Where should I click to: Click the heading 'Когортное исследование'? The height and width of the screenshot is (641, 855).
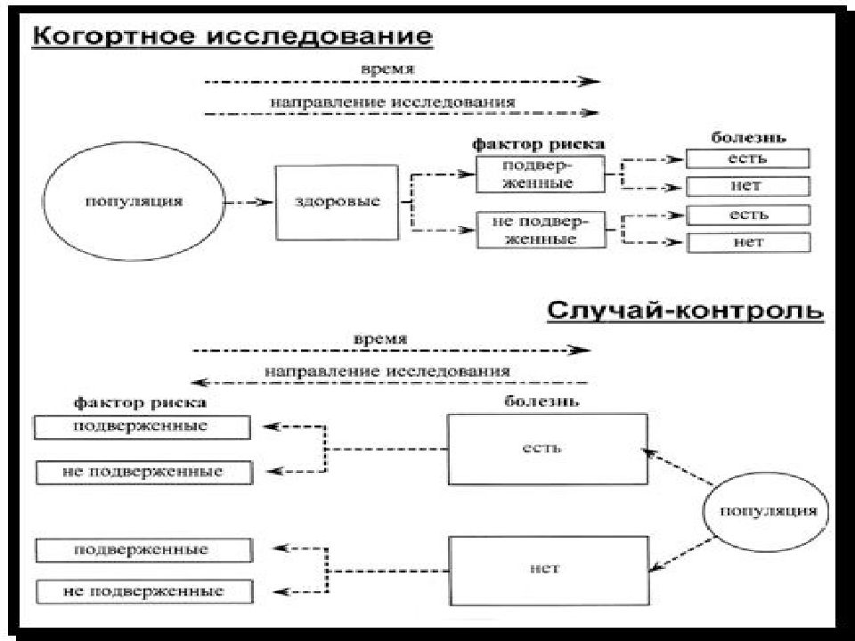[232, 37]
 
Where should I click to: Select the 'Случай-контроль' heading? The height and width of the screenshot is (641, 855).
[686, 311]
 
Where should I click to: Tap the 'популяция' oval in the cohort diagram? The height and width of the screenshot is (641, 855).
[134, 201]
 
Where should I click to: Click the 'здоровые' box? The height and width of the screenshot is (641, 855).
[337, 202]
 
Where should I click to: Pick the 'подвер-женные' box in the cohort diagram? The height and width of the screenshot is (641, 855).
[541, 174]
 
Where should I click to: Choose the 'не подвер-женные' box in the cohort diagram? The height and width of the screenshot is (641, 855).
[541, 230]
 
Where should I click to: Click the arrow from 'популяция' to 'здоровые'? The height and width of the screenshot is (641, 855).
[248, 202]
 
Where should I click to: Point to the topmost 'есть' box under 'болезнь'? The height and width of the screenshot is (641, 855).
[747, 158]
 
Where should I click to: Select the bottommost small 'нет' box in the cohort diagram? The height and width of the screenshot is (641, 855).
[749, 242]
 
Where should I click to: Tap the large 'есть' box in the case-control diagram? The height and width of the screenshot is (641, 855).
[548, 449]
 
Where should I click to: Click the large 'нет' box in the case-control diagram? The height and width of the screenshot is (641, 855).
[550, 571]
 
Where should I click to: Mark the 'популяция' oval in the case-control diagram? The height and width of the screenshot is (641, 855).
[766, 512]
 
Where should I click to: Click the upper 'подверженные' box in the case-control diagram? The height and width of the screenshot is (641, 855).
[142, 426]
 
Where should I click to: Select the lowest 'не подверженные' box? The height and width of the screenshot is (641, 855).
[144, 592]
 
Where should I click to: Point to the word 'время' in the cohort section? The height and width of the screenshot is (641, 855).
[387, 69]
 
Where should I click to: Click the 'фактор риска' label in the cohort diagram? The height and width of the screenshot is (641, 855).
[538, 144]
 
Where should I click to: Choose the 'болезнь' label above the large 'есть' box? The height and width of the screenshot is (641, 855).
[541, 402]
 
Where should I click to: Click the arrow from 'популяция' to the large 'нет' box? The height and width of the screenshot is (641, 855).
[681, 555]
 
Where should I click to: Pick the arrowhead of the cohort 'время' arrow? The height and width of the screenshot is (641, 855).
[590, 81]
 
